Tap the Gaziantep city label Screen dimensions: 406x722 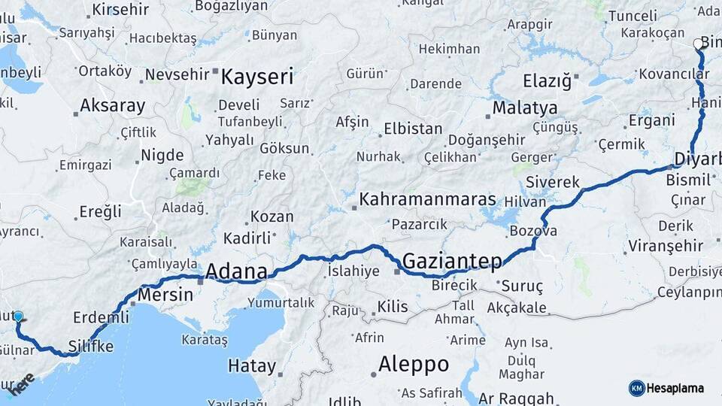(452, 261)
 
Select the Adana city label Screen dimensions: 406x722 (236, 271)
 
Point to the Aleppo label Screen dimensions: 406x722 (414, 365)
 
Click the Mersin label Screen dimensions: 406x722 (165, 294)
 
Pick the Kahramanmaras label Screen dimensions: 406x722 (428, 199)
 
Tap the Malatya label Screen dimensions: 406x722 (525, 108)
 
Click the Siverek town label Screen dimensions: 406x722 (553, 182)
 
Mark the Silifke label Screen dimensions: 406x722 (91, 346)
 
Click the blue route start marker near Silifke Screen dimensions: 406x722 (18, 317)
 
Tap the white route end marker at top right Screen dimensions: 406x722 (698, 44)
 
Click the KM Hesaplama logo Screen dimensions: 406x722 (666, 388)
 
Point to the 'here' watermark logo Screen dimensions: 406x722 (20, 383)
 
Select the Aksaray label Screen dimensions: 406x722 (112, 106)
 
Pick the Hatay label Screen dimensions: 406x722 (251, 367)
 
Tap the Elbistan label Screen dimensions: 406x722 (413, 129)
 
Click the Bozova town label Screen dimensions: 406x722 (533, 231)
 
